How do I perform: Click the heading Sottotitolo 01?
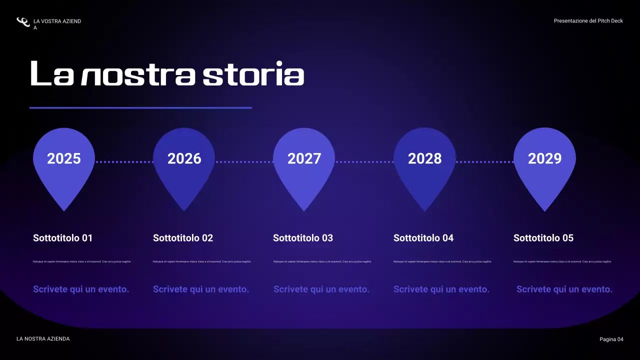tap(62, 238)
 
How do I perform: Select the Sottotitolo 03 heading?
tap(303, 238)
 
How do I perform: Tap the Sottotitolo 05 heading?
tap(543, 238)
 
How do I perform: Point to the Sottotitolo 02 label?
tap(183, 238)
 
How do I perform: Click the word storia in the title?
tap(253, 74)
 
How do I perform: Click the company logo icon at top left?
tap(23, 22)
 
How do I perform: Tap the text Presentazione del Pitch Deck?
tap(588, 21)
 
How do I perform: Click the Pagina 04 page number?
tap(611, 339)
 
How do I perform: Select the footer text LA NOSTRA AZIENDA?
tap(43, 339)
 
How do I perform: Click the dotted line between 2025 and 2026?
tap(124, 162)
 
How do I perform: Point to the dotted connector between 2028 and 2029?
tap(484, 162)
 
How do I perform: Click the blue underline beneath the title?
tap(140, 107)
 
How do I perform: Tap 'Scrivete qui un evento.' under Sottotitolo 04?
tap(441, 289)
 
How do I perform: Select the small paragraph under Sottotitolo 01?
tap(82, 261)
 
